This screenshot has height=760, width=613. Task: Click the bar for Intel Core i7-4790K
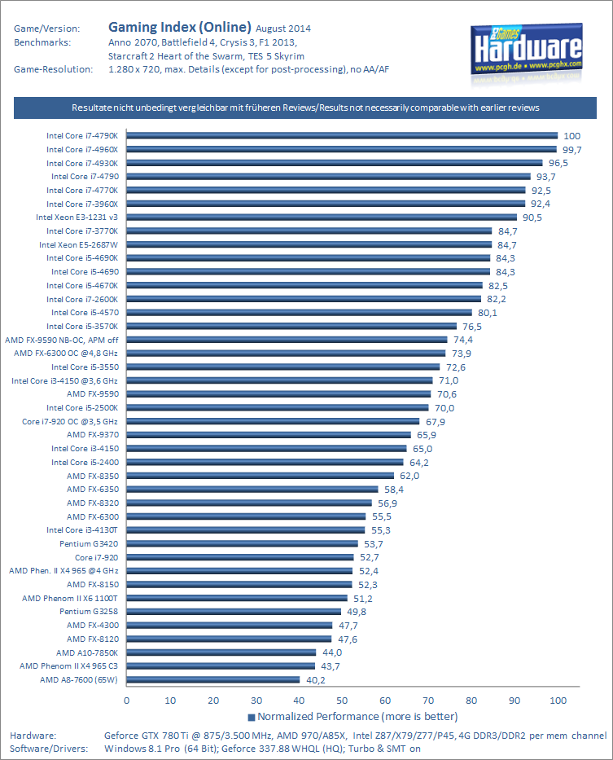click(342, 136)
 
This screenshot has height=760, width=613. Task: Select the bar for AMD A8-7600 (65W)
click(213, 679)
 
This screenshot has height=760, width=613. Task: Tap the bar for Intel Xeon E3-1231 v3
click(322, 217)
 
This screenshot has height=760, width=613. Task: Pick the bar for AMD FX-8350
click(261, 476)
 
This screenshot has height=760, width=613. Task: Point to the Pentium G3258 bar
click(234, 611)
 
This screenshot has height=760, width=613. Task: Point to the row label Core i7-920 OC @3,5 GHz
click(70, 421)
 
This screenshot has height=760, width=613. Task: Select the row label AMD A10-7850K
click(87, 652)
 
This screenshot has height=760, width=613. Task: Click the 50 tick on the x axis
click(342, 700)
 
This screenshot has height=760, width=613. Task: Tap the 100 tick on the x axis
click(558, 700)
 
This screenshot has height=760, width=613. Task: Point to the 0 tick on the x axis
click(127, 700)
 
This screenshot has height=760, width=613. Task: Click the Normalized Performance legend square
click(252, 717)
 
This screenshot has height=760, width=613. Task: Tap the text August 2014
click(283, 29)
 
